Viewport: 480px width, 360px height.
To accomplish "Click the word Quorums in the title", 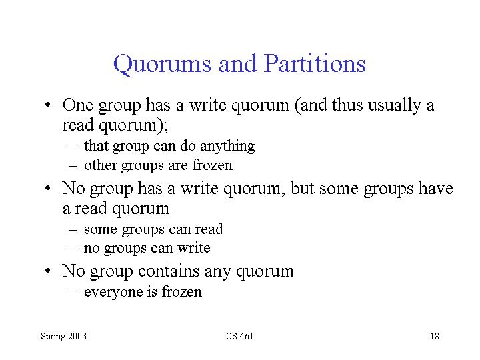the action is tap(162, 64).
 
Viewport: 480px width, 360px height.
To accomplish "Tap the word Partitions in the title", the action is tap(315, 63).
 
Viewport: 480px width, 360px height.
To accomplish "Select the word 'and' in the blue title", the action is tap(237, 63).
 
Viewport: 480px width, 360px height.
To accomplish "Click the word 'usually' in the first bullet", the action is tap(394, 106).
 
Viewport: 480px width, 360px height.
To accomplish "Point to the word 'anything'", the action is tap(227, 146).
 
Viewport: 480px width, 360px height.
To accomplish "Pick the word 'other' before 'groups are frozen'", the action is tap(101, 165).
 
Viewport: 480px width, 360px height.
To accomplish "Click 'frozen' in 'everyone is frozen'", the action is tap(182, 291).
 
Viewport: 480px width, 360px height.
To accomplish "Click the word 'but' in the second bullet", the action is tap(302, 188).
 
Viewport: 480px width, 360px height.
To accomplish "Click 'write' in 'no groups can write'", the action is tap(194, 247).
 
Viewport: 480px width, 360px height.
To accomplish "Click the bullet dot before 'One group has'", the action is tap(47, 105).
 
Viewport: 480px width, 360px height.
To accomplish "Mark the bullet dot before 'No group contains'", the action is tap(47, 271).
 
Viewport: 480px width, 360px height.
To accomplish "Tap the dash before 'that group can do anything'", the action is tap(73, 147).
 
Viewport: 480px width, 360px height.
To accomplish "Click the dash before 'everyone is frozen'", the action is tap(73, 293).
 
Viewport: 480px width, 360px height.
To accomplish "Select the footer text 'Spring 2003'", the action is tap(64, 337).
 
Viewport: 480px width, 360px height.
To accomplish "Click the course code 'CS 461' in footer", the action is tap(240, 336).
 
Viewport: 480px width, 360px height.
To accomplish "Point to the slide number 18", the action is tap(435, 336).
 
